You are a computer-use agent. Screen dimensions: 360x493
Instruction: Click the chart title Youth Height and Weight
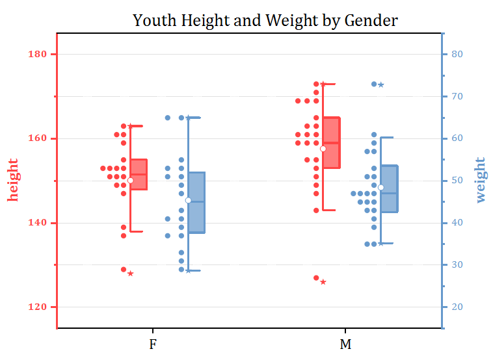pyautogui.click(x=265, y=21)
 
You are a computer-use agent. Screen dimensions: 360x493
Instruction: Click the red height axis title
pyautogui.click(x=14, y=179)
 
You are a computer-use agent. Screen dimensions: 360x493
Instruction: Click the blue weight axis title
pyautogui.click(x=481, y=179)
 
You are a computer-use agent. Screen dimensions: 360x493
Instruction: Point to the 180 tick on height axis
pyautogui.click(x=38, y=54)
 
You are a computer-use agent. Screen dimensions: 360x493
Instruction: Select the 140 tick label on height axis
pyautogui.click(x=38, y=223)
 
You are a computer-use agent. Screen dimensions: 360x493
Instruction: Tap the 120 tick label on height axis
pyautogui.click(x=38, y=307)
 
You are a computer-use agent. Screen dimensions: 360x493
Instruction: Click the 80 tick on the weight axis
pyautogui.click(x=457, y=54)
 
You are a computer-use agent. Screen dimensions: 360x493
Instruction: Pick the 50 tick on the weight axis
pyautogui.click(x=457, y=181)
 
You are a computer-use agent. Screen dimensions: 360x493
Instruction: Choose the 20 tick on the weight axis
pyautogui.click(x=457, y=307)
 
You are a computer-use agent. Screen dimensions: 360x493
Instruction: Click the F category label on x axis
pyautogui.click(x=152, y=344)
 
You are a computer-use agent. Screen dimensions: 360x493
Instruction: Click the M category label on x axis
pyautogui.click(x=345, y=344)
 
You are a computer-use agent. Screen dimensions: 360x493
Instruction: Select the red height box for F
pyautogui.click(x=139, y=174)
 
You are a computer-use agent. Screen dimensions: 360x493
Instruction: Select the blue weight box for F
pyautogui.click(x=196, y=202)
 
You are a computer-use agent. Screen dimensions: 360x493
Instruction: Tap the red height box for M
pyautogui.click(x=332, y=143)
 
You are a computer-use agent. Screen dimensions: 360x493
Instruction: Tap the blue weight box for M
pyautogui.click(x=389, y=189)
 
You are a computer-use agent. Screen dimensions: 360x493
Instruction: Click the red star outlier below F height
pyautogui.click(x=130, y=274)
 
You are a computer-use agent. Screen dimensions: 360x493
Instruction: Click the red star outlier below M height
pyautogui.click(x=323, y=282)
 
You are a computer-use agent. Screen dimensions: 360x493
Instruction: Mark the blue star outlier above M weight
pyautogui.click(x=381, y=84)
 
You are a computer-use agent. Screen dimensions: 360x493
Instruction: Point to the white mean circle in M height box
pyautogui.click(x=323, y=149)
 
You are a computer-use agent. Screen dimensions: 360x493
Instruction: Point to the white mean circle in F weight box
pyautogui.click(x=188, y=200)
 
